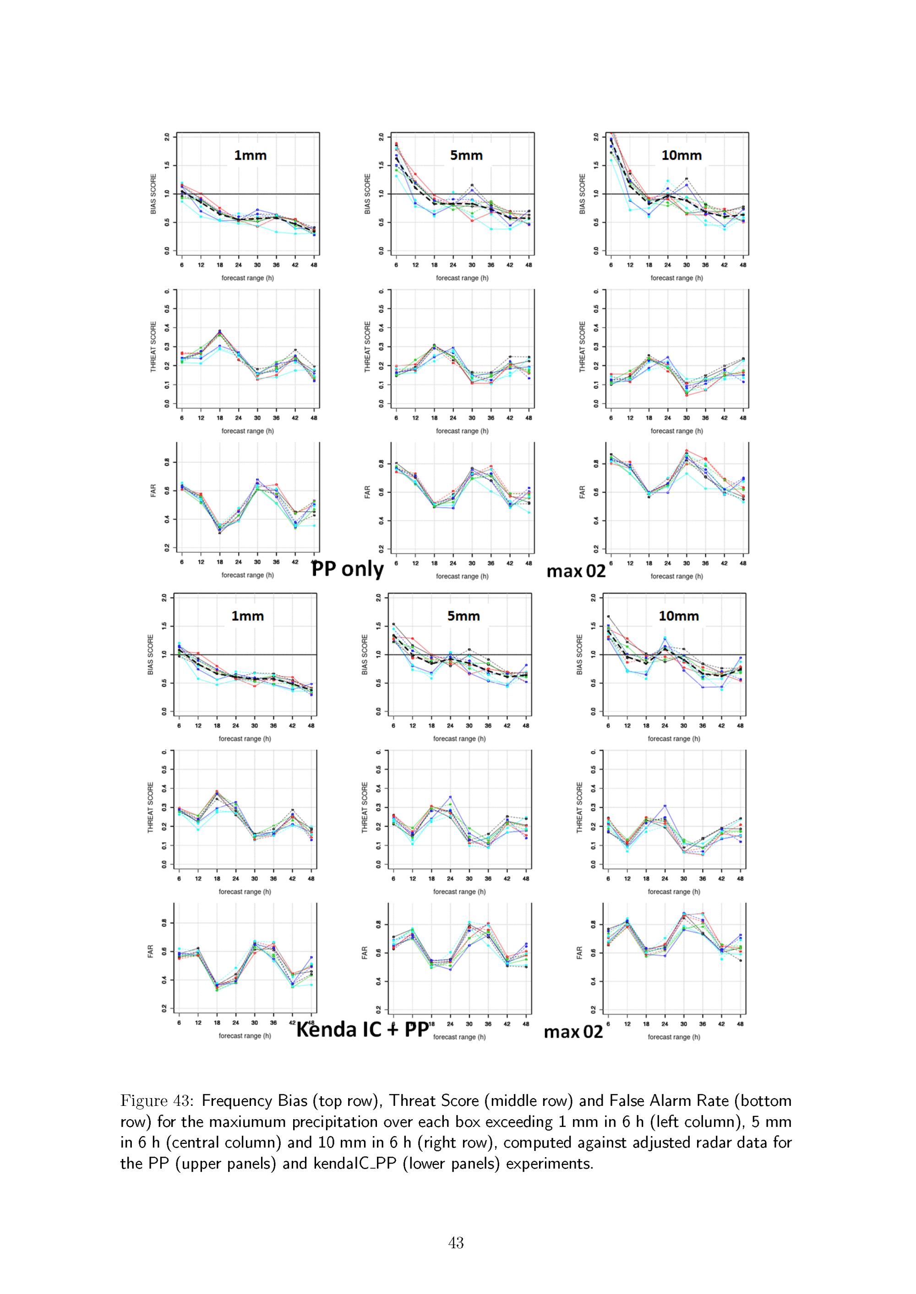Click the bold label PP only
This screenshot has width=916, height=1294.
pos(348,569)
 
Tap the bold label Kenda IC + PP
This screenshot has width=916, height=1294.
pos(363,1030)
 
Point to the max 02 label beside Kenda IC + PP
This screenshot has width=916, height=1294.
pos(573,1032)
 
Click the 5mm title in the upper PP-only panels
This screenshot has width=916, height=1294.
pos(466,156)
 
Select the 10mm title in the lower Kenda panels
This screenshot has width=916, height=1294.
pos(679,616)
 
